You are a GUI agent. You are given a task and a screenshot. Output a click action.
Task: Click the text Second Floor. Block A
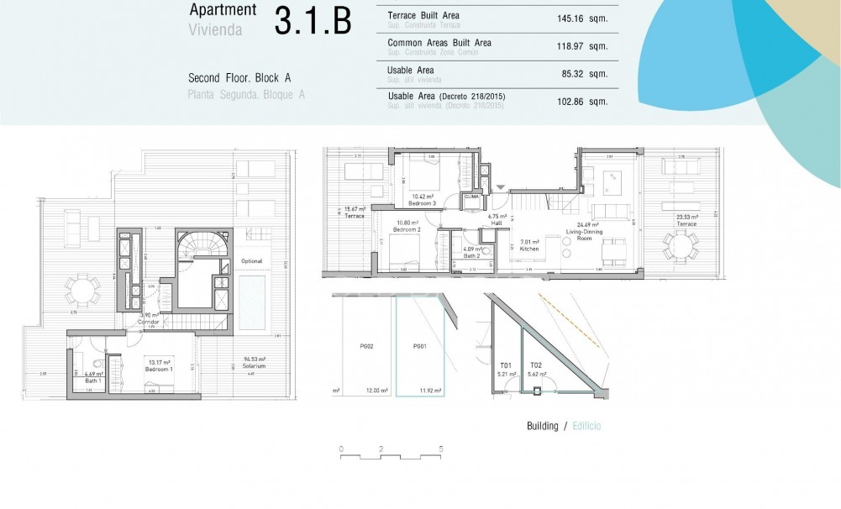coord(239,78)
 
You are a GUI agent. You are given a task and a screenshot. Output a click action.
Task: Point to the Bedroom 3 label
coord(421,203)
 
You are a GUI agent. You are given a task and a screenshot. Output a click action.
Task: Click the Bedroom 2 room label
coord(407,229)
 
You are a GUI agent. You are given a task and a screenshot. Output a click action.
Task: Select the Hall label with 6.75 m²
coord(495,219)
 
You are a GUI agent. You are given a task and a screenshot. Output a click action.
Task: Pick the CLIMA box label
coord(472,197)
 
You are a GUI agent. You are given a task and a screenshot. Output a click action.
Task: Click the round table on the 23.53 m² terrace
coord(679,246)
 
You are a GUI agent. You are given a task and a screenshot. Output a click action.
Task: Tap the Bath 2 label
coord(473,254)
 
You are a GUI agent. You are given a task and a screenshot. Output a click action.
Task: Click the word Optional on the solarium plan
coord(252,261)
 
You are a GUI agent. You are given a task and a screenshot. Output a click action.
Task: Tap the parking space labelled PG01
coord(420,345)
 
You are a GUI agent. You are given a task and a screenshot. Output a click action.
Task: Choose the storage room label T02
coord(536,365)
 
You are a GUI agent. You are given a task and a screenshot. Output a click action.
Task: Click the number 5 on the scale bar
coord(441,449)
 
